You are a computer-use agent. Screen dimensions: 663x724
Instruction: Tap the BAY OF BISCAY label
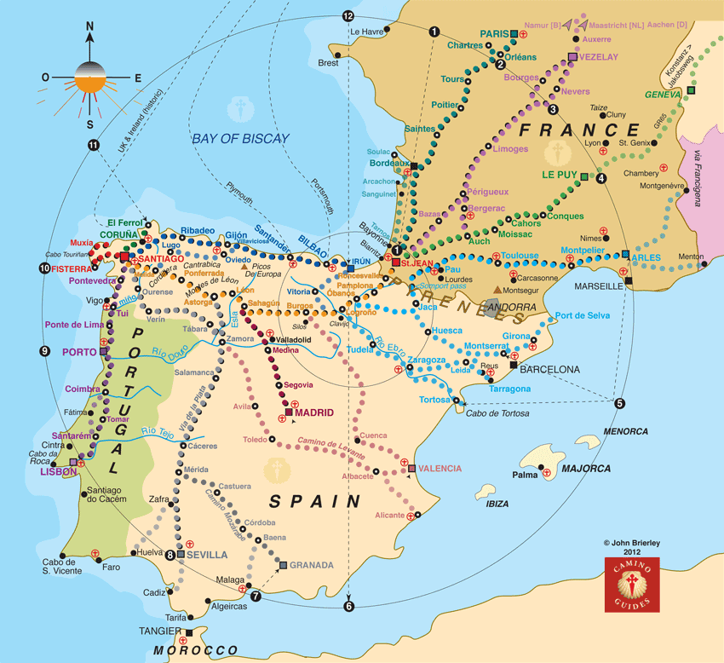point(240,138)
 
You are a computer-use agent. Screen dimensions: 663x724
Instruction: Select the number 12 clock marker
point(347,16)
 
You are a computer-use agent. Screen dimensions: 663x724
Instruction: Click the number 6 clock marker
point(348,606)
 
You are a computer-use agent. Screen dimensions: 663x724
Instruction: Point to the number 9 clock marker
point(44,351)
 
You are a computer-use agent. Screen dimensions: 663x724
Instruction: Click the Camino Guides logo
point(632,585)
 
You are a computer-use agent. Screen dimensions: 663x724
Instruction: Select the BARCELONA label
point(549,370)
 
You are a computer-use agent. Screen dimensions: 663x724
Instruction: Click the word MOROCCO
point(202,651)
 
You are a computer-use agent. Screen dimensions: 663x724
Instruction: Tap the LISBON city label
point(51,470)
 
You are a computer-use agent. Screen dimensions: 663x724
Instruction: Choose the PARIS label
point(493,34)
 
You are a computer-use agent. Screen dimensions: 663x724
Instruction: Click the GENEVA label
point(664,95)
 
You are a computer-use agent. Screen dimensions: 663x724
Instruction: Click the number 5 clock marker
point(619,403)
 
